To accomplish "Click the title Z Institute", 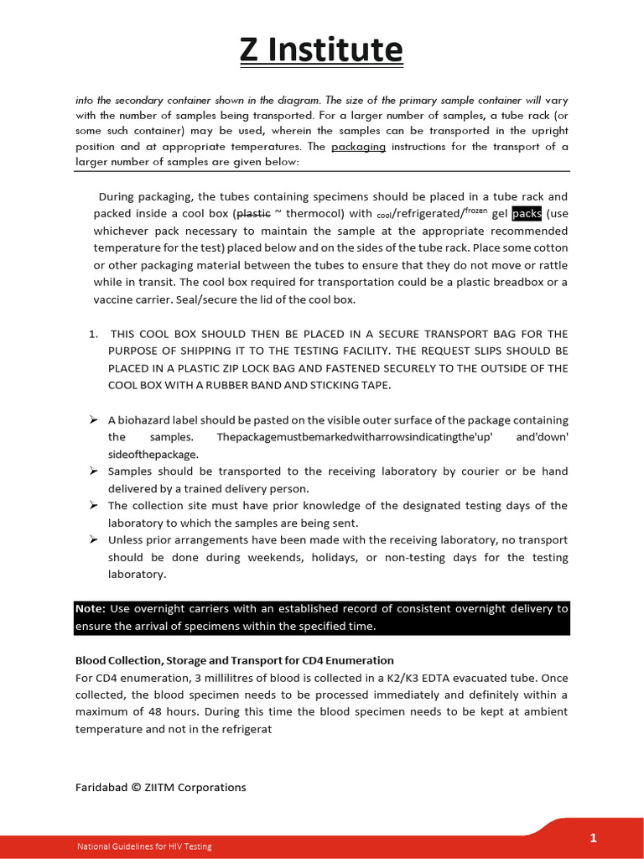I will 321,50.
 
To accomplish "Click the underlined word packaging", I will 358,147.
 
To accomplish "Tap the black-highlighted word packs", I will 527,214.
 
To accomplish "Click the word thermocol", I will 315,214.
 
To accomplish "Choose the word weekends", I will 278,558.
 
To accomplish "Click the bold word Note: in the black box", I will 90,609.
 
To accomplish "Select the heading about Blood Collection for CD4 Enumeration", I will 234,660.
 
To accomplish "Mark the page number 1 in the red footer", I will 593,837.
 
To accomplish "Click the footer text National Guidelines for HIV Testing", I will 144,846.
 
